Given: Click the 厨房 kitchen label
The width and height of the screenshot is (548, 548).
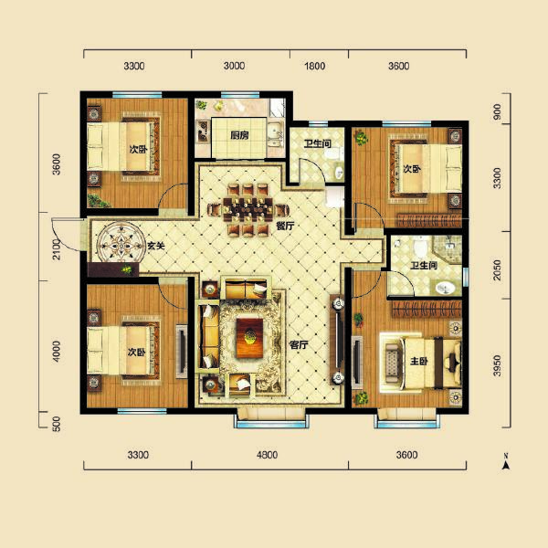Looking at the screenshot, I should [x=239, y=135].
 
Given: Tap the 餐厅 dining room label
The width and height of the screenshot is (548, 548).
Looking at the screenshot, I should [x=283, y=226].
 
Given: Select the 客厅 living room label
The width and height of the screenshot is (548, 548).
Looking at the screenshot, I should [x=298, y=345].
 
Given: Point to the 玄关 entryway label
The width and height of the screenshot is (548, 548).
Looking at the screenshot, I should [x=156, y=246].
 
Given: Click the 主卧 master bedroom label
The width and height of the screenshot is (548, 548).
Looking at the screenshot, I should [x=419, y=358].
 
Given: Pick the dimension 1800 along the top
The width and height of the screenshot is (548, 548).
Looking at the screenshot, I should [x=313, y=67].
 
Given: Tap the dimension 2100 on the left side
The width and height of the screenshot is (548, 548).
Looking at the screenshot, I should [x=56, y=247].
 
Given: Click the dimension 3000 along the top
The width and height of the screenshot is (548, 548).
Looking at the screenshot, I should [x=235, y=67].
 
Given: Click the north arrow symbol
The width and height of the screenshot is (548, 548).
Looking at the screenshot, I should [x=503, y=463].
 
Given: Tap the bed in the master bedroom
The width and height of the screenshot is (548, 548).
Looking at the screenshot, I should [x=410, y=356].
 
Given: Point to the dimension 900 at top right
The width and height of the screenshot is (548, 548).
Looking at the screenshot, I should [x=497, y=112].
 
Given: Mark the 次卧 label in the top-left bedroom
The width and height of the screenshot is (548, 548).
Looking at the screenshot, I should [x=137, y=149].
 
